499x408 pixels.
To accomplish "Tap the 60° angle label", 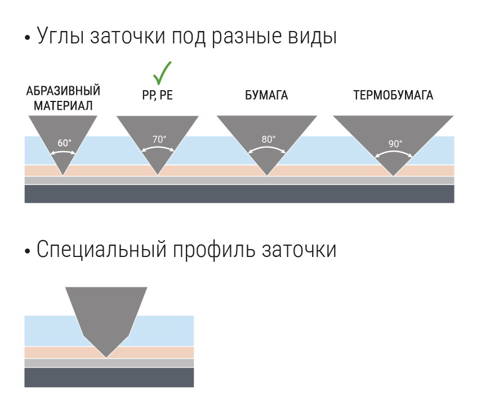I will (x=64, y=143).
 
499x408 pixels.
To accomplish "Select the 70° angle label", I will (x=159, y=139).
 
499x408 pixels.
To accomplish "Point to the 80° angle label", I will (x=269, y=139).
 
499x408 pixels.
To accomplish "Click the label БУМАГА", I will (x=266, y=96).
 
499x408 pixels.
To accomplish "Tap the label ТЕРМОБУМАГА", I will (x=393, y=96).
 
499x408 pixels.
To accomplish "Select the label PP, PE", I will (x=158, y=96).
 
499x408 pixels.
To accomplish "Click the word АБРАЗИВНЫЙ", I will (x=64, y=91).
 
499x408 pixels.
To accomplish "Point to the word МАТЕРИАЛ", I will (x=63, y=105).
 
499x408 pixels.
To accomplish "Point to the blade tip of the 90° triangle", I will (x=393, y=175).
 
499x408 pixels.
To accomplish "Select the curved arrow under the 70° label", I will (x=158, y=149).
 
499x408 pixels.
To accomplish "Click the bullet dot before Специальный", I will (x=28, y=251).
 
